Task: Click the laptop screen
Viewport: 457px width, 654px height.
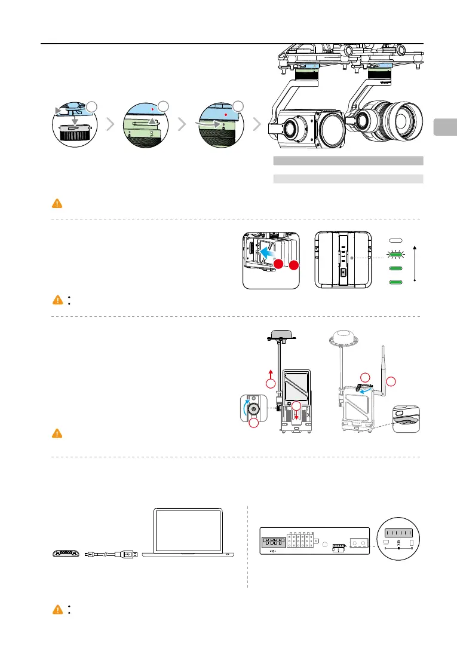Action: [189, 531]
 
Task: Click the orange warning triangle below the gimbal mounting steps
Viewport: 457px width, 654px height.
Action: [57, 203]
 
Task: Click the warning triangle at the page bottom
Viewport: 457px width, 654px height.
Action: [57, 609]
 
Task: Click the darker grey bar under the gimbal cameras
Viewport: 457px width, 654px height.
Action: [348, 160]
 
